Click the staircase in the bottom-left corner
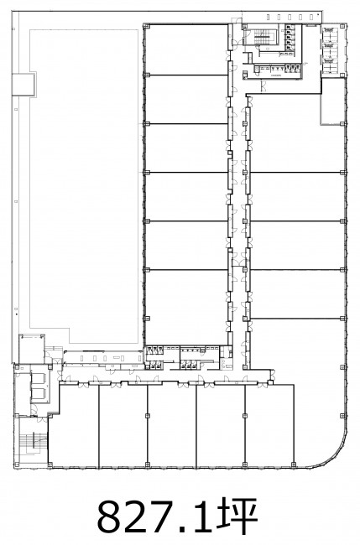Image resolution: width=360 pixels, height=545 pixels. [34, 442]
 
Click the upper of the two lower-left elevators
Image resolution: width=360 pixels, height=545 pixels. [39, 378]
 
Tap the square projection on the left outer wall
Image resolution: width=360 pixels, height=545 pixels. [23, 84]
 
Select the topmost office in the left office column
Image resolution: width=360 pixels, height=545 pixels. [185, 49]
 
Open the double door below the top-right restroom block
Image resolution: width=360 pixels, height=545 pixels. [263, 86]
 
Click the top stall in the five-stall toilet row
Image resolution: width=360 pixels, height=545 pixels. [290, 29]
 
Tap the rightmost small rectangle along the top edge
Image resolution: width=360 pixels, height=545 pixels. [319, 16]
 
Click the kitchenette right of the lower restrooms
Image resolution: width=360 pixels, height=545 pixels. [226, 358]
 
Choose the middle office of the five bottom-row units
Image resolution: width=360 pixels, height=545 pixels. [172, 426]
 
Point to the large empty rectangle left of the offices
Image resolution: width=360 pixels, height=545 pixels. [83, 184]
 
